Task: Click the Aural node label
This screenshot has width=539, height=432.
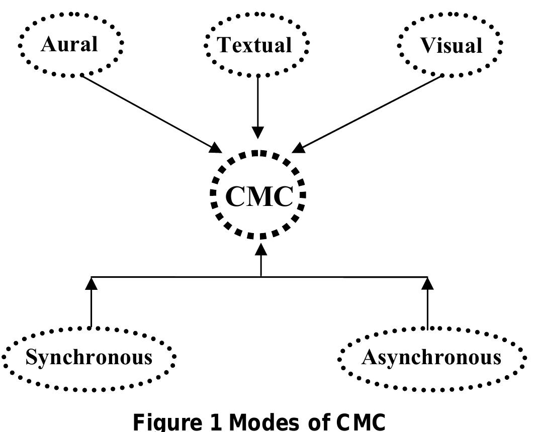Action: [x=69, y=44]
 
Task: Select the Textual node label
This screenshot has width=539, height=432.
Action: [x=254, y=45]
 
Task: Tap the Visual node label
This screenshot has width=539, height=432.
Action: [x=451, y=46]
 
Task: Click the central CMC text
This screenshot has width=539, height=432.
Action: [x=258, y=196]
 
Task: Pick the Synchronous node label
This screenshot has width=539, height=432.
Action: [x=88, y=357]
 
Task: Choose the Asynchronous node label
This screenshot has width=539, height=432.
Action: [x=431, y=357]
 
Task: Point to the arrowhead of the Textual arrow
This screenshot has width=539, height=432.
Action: [x=258, y=133]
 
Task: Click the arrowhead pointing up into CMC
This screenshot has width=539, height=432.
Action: [x=261, y=249]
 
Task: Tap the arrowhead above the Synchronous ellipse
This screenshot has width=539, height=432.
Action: [x=91, y=283]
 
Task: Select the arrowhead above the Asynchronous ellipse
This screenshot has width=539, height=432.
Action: [x=427, y=283]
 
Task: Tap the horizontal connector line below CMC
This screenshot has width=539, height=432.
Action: [x=176, y=277]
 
